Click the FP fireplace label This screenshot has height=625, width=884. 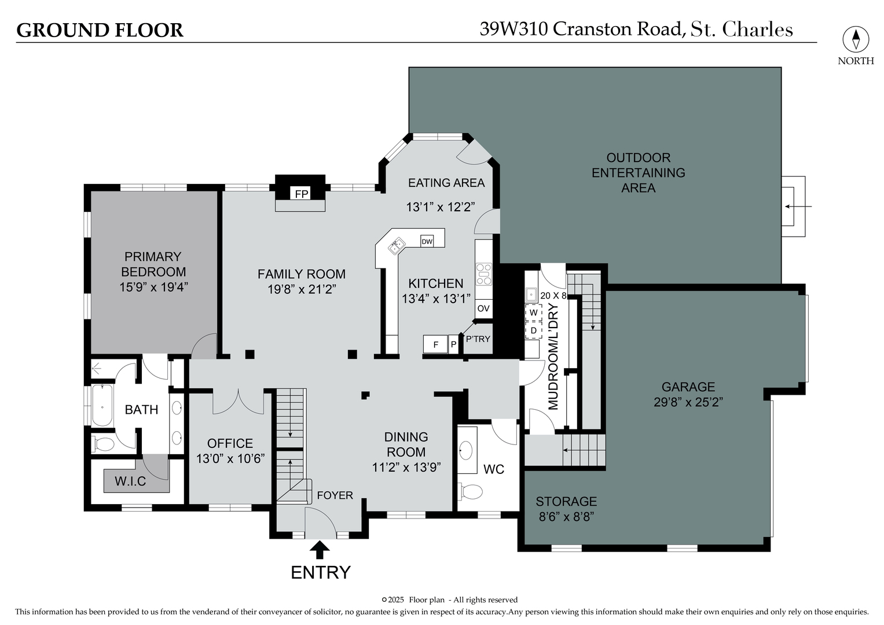(x=302, y=194)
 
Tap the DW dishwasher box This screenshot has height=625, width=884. (x=427, y=241)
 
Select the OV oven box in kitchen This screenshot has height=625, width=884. (x=483, y=308)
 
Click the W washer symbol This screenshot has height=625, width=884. (x=534, y=313)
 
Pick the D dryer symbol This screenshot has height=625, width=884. (x=534, y=330)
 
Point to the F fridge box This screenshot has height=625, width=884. (x=436, y=344)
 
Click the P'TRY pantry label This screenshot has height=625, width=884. (x=478, y=339)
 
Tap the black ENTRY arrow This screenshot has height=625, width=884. (x=320, y=550)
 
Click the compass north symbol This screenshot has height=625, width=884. (x=856, y=39)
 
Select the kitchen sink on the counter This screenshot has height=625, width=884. (x=397, y=246)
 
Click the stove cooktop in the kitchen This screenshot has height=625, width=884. (x=484, y=274)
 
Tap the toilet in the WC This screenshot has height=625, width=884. (x=471, y=492)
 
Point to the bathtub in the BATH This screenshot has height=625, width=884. (x=102, y=405)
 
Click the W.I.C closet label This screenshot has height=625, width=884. (x=130, y=481)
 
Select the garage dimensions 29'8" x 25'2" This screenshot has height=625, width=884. (x=688, y=402)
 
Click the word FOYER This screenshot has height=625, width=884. (x=335, y=495)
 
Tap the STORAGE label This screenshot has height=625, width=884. (x=566, y=502)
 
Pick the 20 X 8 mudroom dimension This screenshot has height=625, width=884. (x=553, y=296)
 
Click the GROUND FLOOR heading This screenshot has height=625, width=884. (x=100, y=30)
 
